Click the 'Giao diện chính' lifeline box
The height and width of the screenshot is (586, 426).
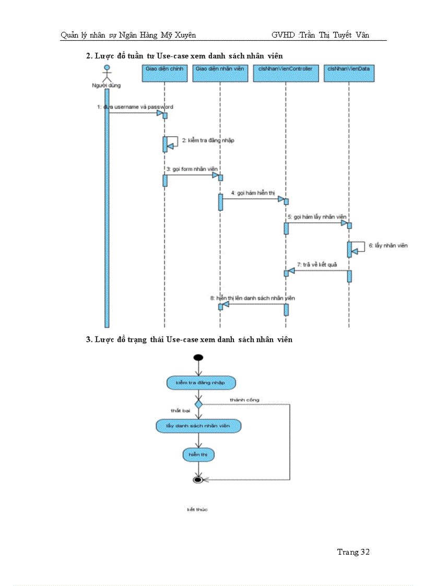point(164,74)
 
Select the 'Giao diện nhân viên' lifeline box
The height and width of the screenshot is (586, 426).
point(220,74)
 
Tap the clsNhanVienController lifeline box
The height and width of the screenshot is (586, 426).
point(285,74)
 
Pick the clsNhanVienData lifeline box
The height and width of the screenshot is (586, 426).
point(349,74)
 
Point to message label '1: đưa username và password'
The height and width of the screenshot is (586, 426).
point(135,106)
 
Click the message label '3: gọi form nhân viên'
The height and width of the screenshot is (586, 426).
point(192,169)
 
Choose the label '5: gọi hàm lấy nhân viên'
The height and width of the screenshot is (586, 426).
point(316,217)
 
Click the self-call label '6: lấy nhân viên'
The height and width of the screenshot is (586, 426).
point(388,245)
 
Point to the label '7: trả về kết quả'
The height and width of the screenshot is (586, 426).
point(317,265)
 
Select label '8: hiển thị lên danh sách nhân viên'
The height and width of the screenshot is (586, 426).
point(253,298)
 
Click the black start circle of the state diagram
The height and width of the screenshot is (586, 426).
point(198,357)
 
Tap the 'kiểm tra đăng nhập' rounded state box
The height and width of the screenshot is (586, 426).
point(200,382)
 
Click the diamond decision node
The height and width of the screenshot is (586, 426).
point(198,404)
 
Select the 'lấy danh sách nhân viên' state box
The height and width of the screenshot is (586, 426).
point(198,426)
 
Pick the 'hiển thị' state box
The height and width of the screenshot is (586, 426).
point(198,455)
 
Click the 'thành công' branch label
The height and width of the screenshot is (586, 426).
point(244,400)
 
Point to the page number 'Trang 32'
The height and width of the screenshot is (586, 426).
point(353,552)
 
